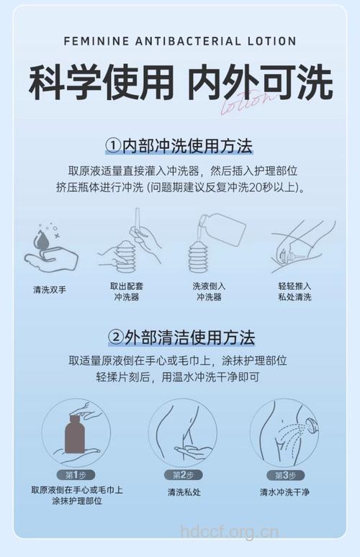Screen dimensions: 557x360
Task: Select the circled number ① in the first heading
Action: tap(113, 146)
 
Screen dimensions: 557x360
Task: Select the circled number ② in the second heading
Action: tap(116, 336)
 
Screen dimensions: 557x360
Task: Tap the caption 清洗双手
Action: tap(49, 289)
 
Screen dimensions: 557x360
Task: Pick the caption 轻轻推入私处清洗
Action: tap(294, 290)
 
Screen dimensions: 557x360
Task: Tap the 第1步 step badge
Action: tap(76, 475)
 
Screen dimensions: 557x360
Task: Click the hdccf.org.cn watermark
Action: tap(229, 533)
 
